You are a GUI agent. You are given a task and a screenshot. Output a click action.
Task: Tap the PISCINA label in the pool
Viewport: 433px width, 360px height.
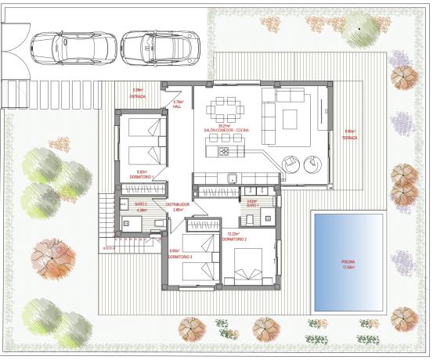coord(347,262)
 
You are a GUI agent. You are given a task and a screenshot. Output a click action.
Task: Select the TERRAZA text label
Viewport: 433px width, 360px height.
coord(349,137)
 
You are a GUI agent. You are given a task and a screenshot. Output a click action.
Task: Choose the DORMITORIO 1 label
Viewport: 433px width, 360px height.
coord(141,176)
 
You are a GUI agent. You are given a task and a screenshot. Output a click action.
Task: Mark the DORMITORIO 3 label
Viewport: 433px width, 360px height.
coord(180,255)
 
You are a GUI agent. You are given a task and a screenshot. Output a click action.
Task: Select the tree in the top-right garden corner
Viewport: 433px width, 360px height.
coord(359,29)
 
